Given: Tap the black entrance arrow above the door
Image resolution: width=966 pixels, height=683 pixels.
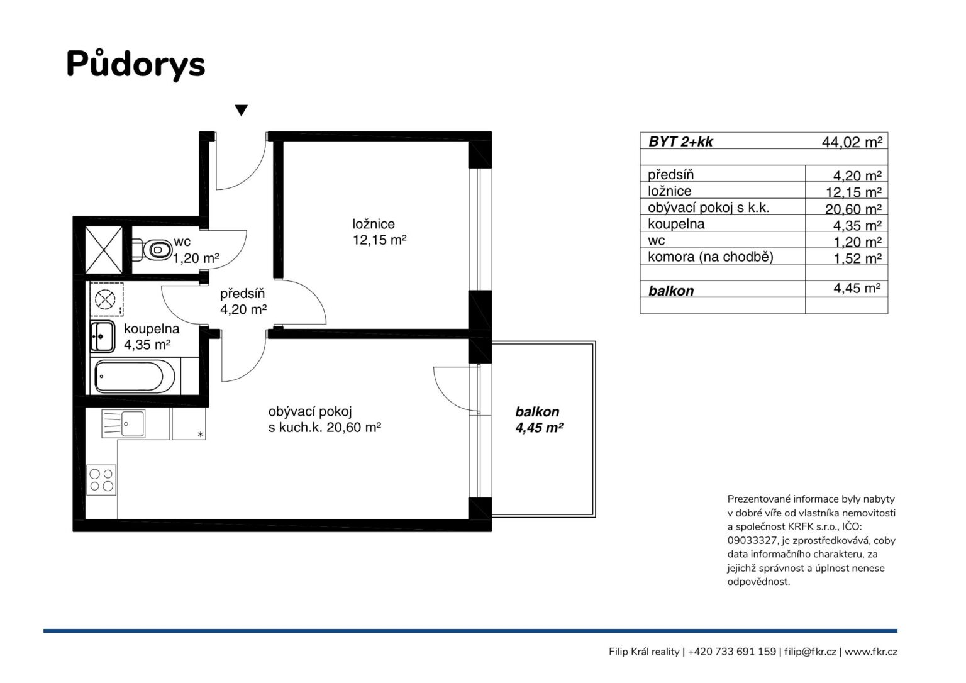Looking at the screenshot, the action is pos(241,111).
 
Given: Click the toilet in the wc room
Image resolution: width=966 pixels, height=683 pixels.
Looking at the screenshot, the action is pos(152,249).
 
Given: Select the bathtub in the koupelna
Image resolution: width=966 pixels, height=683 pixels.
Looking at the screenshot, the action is pos(135,377).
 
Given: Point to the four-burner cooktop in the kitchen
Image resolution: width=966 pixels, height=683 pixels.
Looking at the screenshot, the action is pos(101,480).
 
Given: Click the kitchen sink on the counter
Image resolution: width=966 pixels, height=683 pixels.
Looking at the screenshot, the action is pos(123,424).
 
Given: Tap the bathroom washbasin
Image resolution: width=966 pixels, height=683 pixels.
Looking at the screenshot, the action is pos(103,336).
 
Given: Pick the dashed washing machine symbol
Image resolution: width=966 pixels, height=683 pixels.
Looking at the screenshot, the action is pos(106,299).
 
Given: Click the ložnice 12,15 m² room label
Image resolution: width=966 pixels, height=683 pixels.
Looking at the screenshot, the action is pos(379,232).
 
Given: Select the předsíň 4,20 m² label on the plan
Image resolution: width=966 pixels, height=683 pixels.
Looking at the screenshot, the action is pos(243,302).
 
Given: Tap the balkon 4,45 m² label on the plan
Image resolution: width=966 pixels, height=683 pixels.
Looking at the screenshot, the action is pos(539,419).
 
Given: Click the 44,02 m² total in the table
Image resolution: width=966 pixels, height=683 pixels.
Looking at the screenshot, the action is pos(852,142).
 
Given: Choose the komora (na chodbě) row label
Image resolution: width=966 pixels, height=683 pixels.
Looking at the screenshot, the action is pos(710,257).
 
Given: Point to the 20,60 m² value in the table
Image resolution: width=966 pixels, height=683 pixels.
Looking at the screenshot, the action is pos(853,209).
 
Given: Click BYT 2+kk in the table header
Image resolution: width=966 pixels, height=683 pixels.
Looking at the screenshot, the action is pos(680,142).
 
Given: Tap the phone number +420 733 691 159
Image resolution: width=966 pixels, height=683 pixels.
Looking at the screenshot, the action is pos(732,652).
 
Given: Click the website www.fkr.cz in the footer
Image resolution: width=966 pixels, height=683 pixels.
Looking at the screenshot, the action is pos(870,652).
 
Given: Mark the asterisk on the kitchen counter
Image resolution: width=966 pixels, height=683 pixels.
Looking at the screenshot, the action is pos(201,434).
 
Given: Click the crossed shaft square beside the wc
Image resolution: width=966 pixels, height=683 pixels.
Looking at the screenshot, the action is pos(104,250).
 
